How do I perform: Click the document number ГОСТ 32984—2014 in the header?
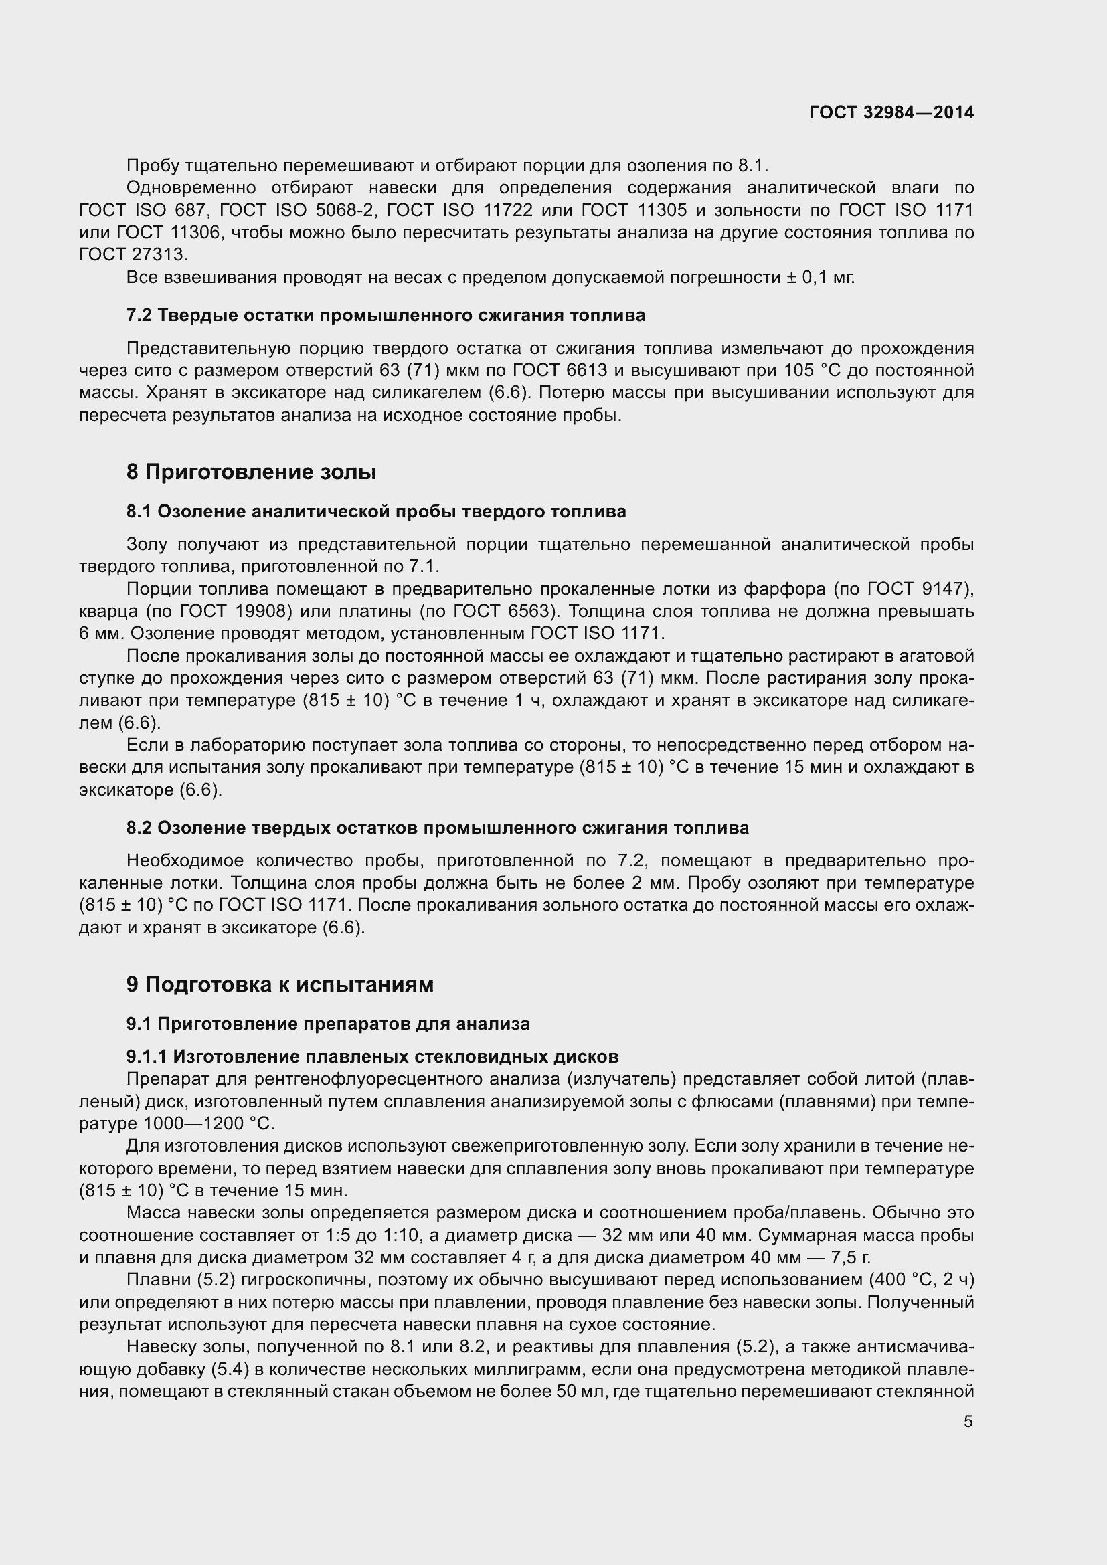click(x=891, y=112)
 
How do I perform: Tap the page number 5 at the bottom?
click(x=968, y=1421)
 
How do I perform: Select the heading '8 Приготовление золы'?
click(x=251, y=472)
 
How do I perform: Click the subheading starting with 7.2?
click(x=386, y=316)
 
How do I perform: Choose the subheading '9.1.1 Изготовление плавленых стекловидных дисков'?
click(x=372, y=1056)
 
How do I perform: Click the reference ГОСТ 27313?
click(x=133, y=255)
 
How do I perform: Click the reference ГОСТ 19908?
click(x=238, y=612)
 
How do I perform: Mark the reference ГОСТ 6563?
click(x=497, y=612)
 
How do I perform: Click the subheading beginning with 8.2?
click(x=438, y=828)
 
